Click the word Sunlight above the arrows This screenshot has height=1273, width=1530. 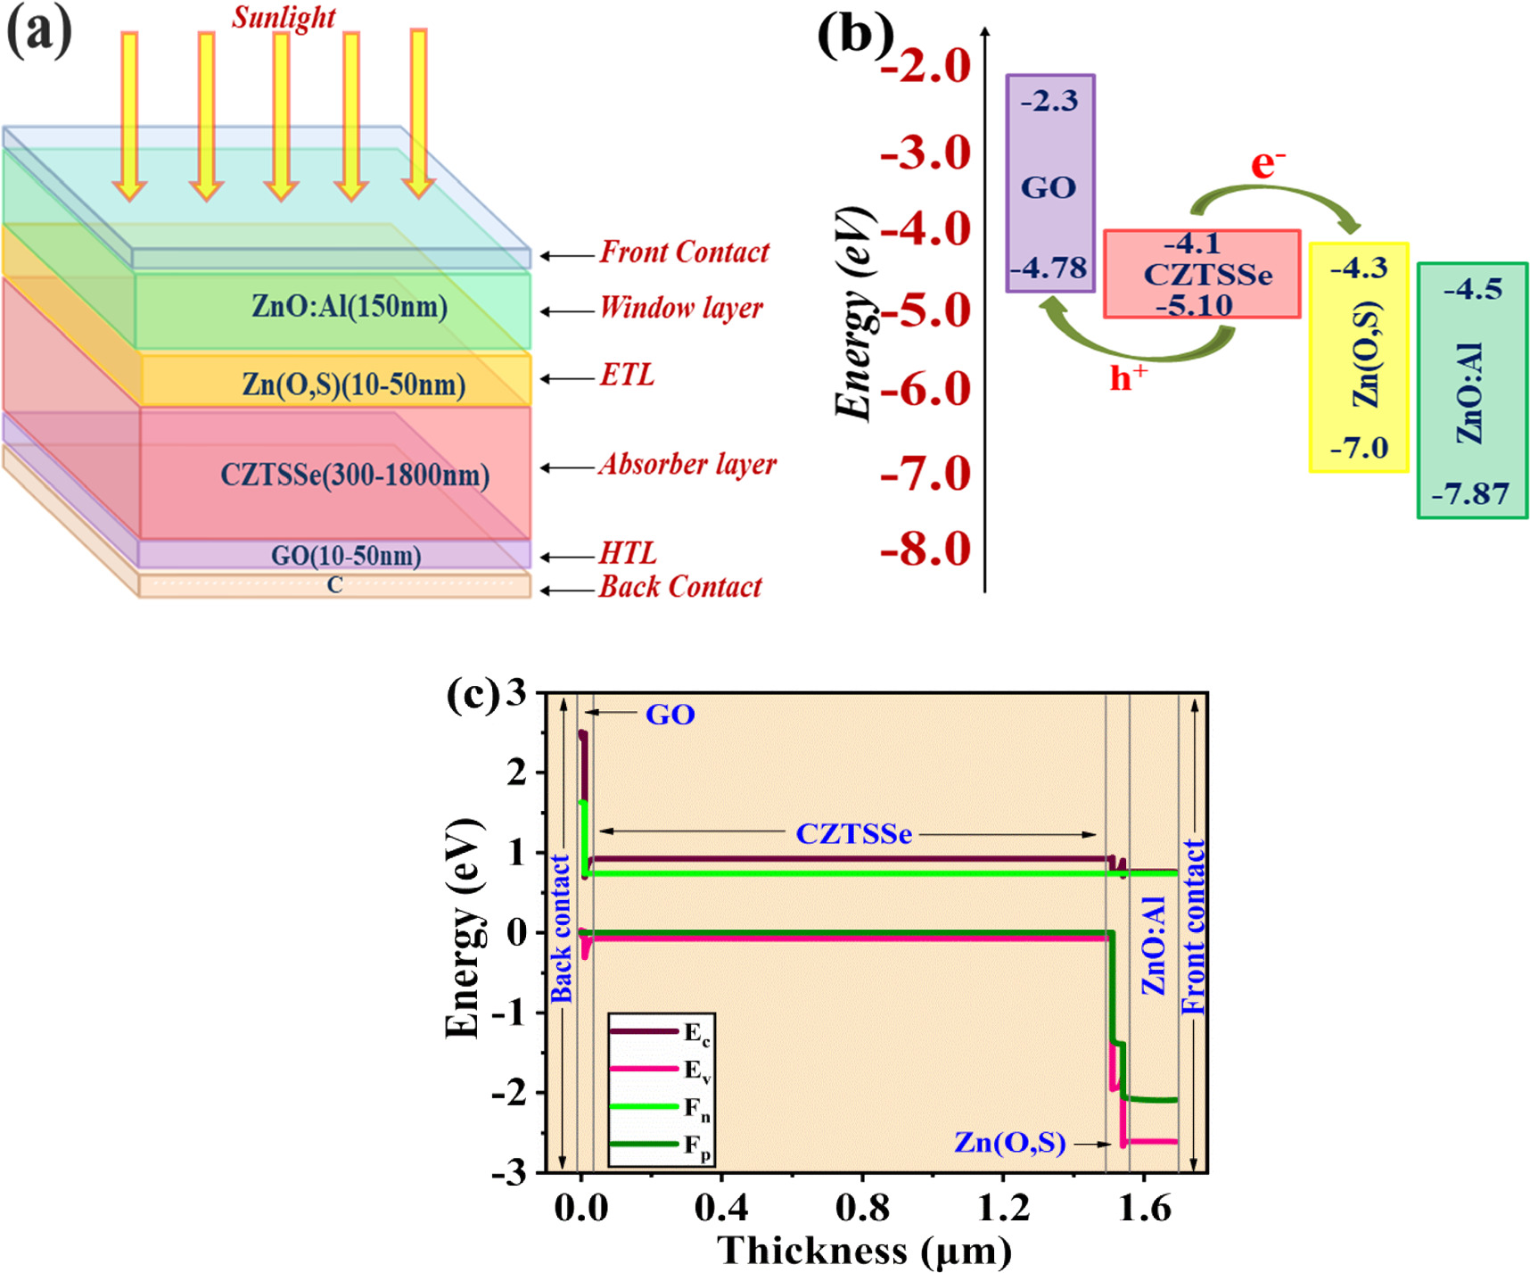[x=284, y=17]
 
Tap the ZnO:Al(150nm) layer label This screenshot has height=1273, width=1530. [x=349, y=307]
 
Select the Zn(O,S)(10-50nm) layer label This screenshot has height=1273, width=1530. [x=354, y=384]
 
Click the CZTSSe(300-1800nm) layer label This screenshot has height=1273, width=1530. [x=355, y=475]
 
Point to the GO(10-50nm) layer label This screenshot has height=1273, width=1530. [x=346, y=556]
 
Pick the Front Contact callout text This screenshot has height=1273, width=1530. [x=684, y=252]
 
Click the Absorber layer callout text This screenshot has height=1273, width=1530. [x=687, y=465]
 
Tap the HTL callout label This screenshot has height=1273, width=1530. [x=628, y=554]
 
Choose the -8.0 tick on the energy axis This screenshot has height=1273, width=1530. [x=925, y=549]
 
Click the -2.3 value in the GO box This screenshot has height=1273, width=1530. [x=1049, y=101]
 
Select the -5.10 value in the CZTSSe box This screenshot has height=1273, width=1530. [x=1194, y=306]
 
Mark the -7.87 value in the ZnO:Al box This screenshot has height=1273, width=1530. [x=1470, y=493]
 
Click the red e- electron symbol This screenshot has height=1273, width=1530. [x=1267, y=164]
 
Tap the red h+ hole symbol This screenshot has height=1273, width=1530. [x=1128, y=378]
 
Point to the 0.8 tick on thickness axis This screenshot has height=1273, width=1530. [x=862, y=1208]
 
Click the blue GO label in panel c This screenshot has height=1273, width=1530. [x=670, y=715]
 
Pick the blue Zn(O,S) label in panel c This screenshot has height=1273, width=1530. [x=1009, y=1143]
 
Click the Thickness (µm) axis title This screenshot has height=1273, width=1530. [x=864, y=1251]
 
